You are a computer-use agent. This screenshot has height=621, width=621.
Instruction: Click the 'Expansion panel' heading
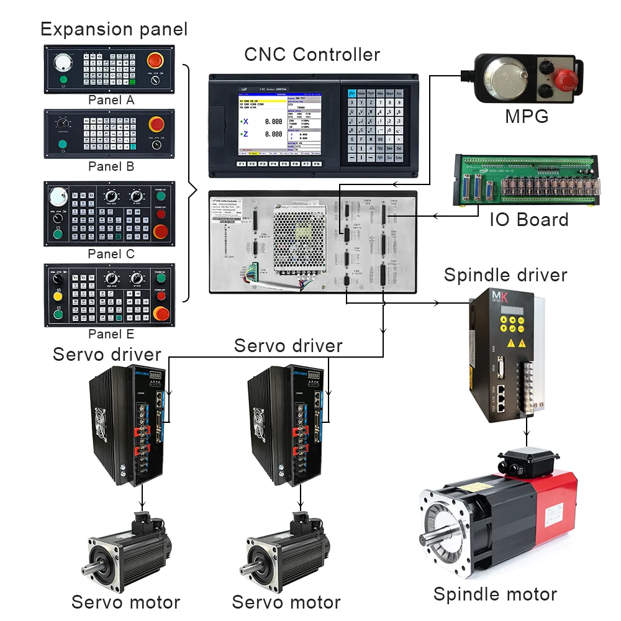(114, 29)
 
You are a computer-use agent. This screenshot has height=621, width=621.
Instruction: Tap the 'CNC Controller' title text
(312, 55)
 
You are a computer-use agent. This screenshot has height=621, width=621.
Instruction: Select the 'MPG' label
(527, 117)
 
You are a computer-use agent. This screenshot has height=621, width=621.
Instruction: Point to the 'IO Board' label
(528, 220)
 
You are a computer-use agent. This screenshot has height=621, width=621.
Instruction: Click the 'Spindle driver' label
(505, 275)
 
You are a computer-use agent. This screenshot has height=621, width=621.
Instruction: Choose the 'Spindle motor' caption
(495, 594)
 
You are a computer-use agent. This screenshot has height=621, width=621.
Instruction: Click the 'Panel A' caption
(111, 100)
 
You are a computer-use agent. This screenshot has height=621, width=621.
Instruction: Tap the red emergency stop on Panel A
(156, 61)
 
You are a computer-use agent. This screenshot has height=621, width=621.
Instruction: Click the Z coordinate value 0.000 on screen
(273, 134)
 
